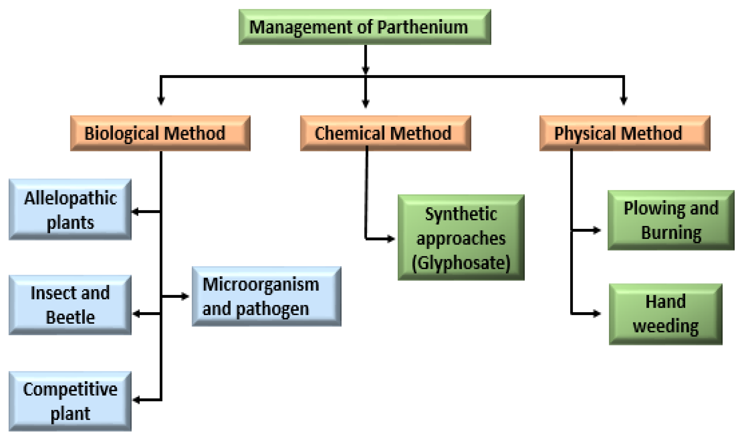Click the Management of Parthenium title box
point(365,27)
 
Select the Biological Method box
point(160,133)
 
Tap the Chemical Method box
point(385,133)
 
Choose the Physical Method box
point(625,133)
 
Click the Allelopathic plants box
point(70,209)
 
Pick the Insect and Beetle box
point(70,305)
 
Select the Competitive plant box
point(70,401)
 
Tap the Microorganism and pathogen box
point(266,296)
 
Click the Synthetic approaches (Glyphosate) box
point(461,237)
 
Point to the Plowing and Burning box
point(671,220)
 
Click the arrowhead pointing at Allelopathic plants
point(135,211)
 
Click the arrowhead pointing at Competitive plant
point(136,400)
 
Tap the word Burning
point(671,233)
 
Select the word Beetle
point(70,317)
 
